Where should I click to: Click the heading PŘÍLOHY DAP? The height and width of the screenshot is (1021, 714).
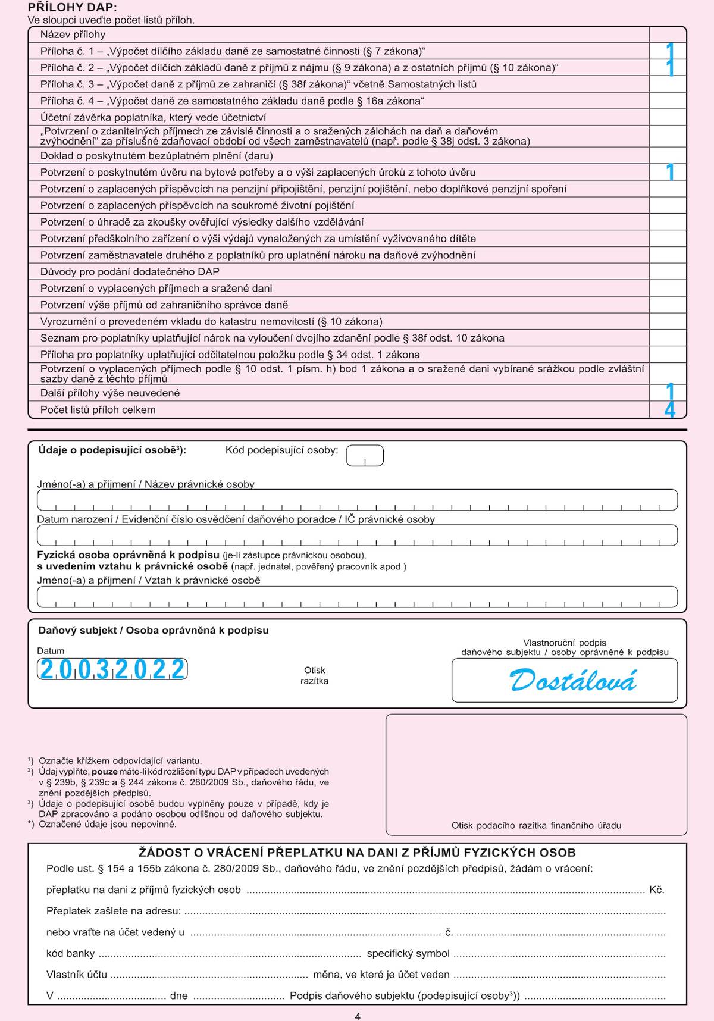point(73,8)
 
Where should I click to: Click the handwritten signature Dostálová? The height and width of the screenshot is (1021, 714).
point(573,681)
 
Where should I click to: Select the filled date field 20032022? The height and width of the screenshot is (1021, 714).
point(112,670)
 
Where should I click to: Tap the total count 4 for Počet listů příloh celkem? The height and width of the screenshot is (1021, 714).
point(669,410)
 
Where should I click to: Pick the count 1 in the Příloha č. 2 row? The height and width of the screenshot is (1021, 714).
point(670,68)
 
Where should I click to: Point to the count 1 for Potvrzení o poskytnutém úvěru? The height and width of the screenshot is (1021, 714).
point(670,173)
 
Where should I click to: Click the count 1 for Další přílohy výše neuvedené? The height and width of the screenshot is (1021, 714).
point(670,393)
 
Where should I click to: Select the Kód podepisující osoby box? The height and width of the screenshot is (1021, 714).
point(365,456)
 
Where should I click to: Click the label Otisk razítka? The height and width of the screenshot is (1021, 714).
point(314,675)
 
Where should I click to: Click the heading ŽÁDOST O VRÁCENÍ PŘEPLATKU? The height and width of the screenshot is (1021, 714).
point(357,853)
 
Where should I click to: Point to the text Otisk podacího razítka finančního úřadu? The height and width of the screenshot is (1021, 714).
point(536,825)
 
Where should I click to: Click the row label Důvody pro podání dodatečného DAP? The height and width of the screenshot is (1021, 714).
point(130,272)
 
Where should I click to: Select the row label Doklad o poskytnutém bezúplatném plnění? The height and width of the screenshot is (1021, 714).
point(156,156)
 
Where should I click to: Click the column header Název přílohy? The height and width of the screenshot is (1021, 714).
point(73,35)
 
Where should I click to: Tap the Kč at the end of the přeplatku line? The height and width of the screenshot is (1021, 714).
point(656,890)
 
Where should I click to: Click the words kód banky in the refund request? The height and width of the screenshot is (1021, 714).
point(70,953)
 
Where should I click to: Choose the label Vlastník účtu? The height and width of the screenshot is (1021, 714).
point(77,975)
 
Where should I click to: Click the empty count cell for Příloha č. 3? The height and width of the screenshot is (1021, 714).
point(668,84)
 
